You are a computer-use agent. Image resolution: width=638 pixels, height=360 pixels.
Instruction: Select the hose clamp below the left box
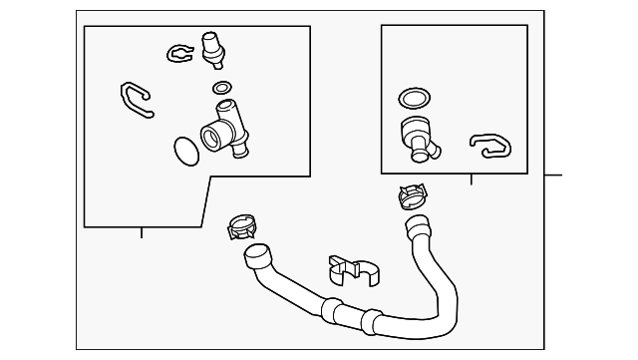point(242,226)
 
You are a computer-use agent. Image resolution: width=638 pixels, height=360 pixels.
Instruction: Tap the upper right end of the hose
point(416,228)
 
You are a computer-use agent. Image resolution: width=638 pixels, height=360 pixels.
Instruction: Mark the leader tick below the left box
point(141,232)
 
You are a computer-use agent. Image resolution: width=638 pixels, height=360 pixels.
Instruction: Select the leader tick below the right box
point(471,180)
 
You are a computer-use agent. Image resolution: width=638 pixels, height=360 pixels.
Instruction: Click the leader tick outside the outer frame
point(554,176)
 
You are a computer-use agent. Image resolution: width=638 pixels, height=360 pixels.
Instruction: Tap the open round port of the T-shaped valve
point(211,137)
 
